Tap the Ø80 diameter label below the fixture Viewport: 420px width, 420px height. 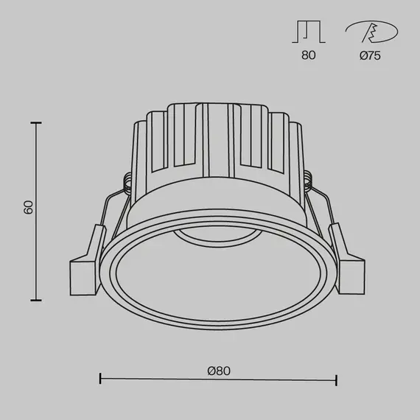click(x=219, y=371)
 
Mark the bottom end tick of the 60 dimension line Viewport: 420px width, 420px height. click(x=35, y=300)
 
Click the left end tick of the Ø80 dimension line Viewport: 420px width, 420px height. click(x=100, y=380)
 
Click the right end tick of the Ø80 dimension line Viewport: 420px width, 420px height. click(x=337, y=380)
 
